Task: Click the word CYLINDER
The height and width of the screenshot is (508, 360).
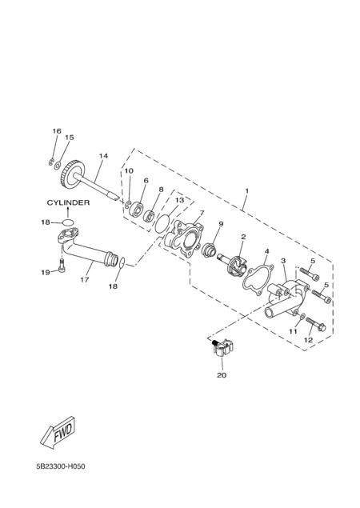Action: [x=68, y=203]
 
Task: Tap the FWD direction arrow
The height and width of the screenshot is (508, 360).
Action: [x=58, y=433]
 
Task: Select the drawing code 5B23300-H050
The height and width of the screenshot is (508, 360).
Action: [x=61, y=466]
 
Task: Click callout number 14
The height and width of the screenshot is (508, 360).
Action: [x=103, y=156]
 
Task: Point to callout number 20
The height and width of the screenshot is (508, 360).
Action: [x=222, y=375]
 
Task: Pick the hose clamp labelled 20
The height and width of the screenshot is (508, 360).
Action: [x=222, y=349]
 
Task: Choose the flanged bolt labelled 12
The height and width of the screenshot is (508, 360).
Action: [x=316, y=325]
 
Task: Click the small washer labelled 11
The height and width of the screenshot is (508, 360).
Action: [x=302, y=317]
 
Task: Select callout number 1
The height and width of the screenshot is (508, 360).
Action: [x=247, y=191]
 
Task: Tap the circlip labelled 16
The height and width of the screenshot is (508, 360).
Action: [x=51, y=162]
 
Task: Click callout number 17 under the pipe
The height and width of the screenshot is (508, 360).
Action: [x=85, y=279]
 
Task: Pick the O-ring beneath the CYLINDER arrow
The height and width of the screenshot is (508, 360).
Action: [x=68, y=222]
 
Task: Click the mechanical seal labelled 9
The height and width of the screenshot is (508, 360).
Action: [x=209, y=250]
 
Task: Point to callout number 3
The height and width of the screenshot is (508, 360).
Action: [x=283, y=261]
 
